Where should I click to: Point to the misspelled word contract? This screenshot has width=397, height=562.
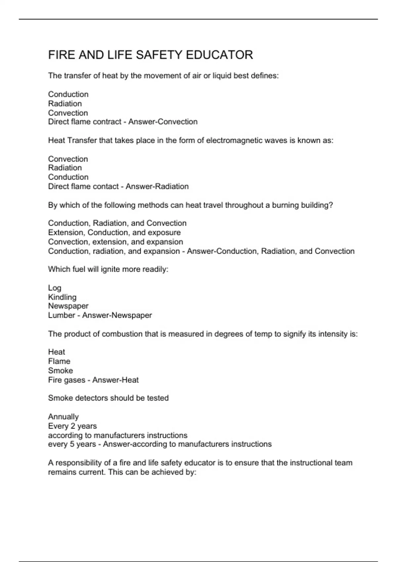click(x=107, y=122)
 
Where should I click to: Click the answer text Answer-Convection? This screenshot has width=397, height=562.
click(x=163, y=122)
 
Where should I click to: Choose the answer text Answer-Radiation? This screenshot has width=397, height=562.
click(x=157, y=186)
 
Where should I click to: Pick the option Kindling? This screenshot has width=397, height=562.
click(x=62, y=297)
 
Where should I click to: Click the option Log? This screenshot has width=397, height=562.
click(x=55, y=288)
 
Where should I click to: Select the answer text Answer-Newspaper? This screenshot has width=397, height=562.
click(x=117, y=315)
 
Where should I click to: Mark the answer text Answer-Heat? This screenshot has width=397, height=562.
click(x=115, y=380)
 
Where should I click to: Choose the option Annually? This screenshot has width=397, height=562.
click(x=63, y=417)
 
